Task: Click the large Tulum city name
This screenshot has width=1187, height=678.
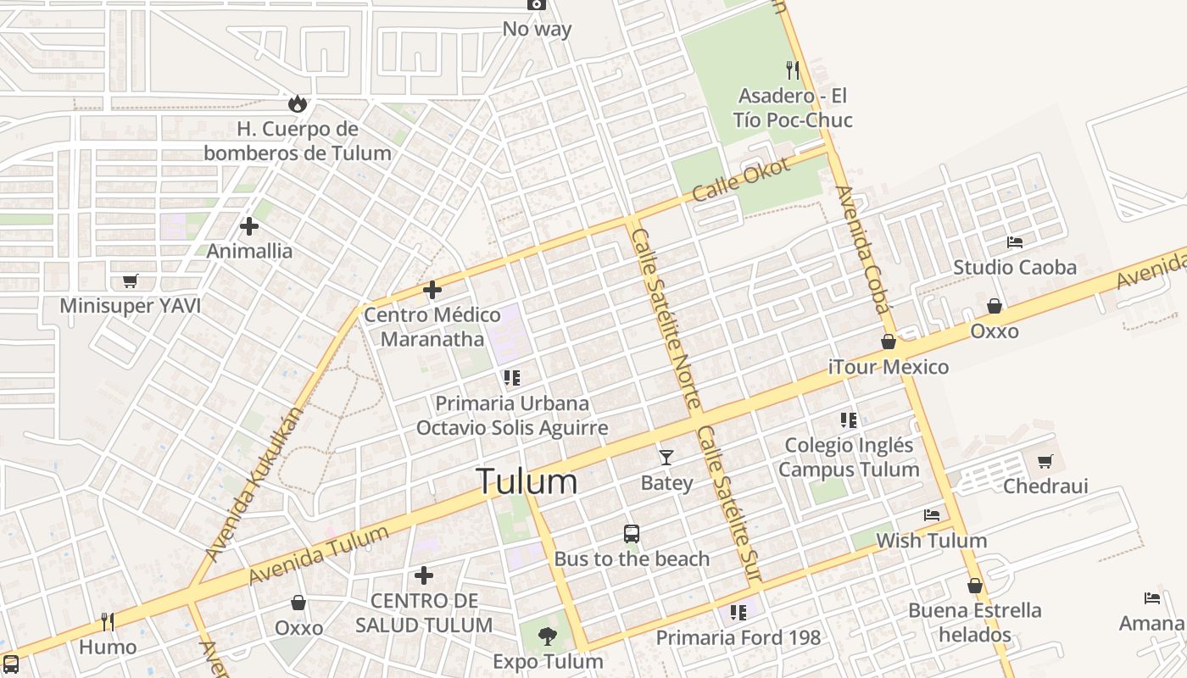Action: (x=527, y=481)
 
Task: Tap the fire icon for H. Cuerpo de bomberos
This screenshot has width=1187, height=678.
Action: (x=297, y=103)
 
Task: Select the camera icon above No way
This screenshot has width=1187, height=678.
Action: (x=536, y=4)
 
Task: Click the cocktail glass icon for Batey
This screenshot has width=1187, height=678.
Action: (x=666, y=458)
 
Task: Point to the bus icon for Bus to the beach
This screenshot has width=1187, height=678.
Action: (x=632, y=534)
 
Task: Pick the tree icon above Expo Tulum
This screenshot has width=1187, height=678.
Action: (x=548, y=636)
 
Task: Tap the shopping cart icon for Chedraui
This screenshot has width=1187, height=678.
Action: (x=1045, y=462)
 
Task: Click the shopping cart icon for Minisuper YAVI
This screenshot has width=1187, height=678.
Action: (x=130, y=281)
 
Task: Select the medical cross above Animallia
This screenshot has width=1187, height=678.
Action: (x=249, y=226)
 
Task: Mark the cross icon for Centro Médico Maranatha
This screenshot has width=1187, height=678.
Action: (x=432, y=290)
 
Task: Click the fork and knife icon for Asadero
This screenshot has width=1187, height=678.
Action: (x=793, y=69)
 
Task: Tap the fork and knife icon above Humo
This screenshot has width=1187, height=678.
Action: (x=108, y=622)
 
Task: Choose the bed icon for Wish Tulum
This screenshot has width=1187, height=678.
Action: (x=932, y=515)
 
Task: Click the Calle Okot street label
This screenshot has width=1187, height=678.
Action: (x=741, y=180)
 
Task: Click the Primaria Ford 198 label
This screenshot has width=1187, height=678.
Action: (x=738, y=637)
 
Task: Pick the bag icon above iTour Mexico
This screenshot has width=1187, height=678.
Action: (x=889, y=342)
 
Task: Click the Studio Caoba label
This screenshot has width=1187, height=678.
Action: (x=1014, y=268)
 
